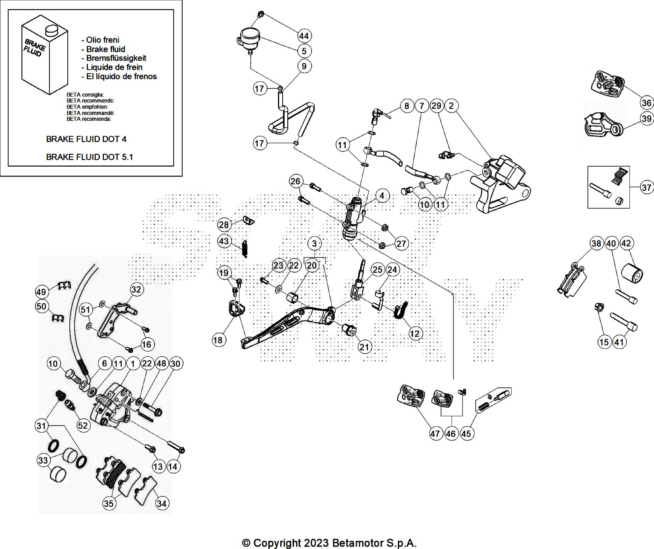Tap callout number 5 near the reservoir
pyautogui.click(x=304, y=51)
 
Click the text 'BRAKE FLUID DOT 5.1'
pyautogui.click(x=90, y=157)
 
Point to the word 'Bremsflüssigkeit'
pyautogui.click(x=116, y=58)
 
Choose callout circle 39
pyautogui.click(x=647, y=118)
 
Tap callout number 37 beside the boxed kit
pyautogui.click(x=647, y=188)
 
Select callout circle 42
pyautogui.click(x=626, y=243)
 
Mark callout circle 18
pyautogui.click(x=218, y=340)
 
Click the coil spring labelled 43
pyautogui.click(x=245, y=248)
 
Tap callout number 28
pyautogui.click(x=224, y=225)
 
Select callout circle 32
pyautogui.click(x=136, y=289)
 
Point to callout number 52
pyautogui.click(x=83, y=426)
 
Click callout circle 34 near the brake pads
pyautogui.click(x=161, y=503)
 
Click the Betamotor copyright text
pyautogui.click(x=329, y=543)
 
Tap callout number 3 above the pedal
pyautogui.click(x=314, y=244)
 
